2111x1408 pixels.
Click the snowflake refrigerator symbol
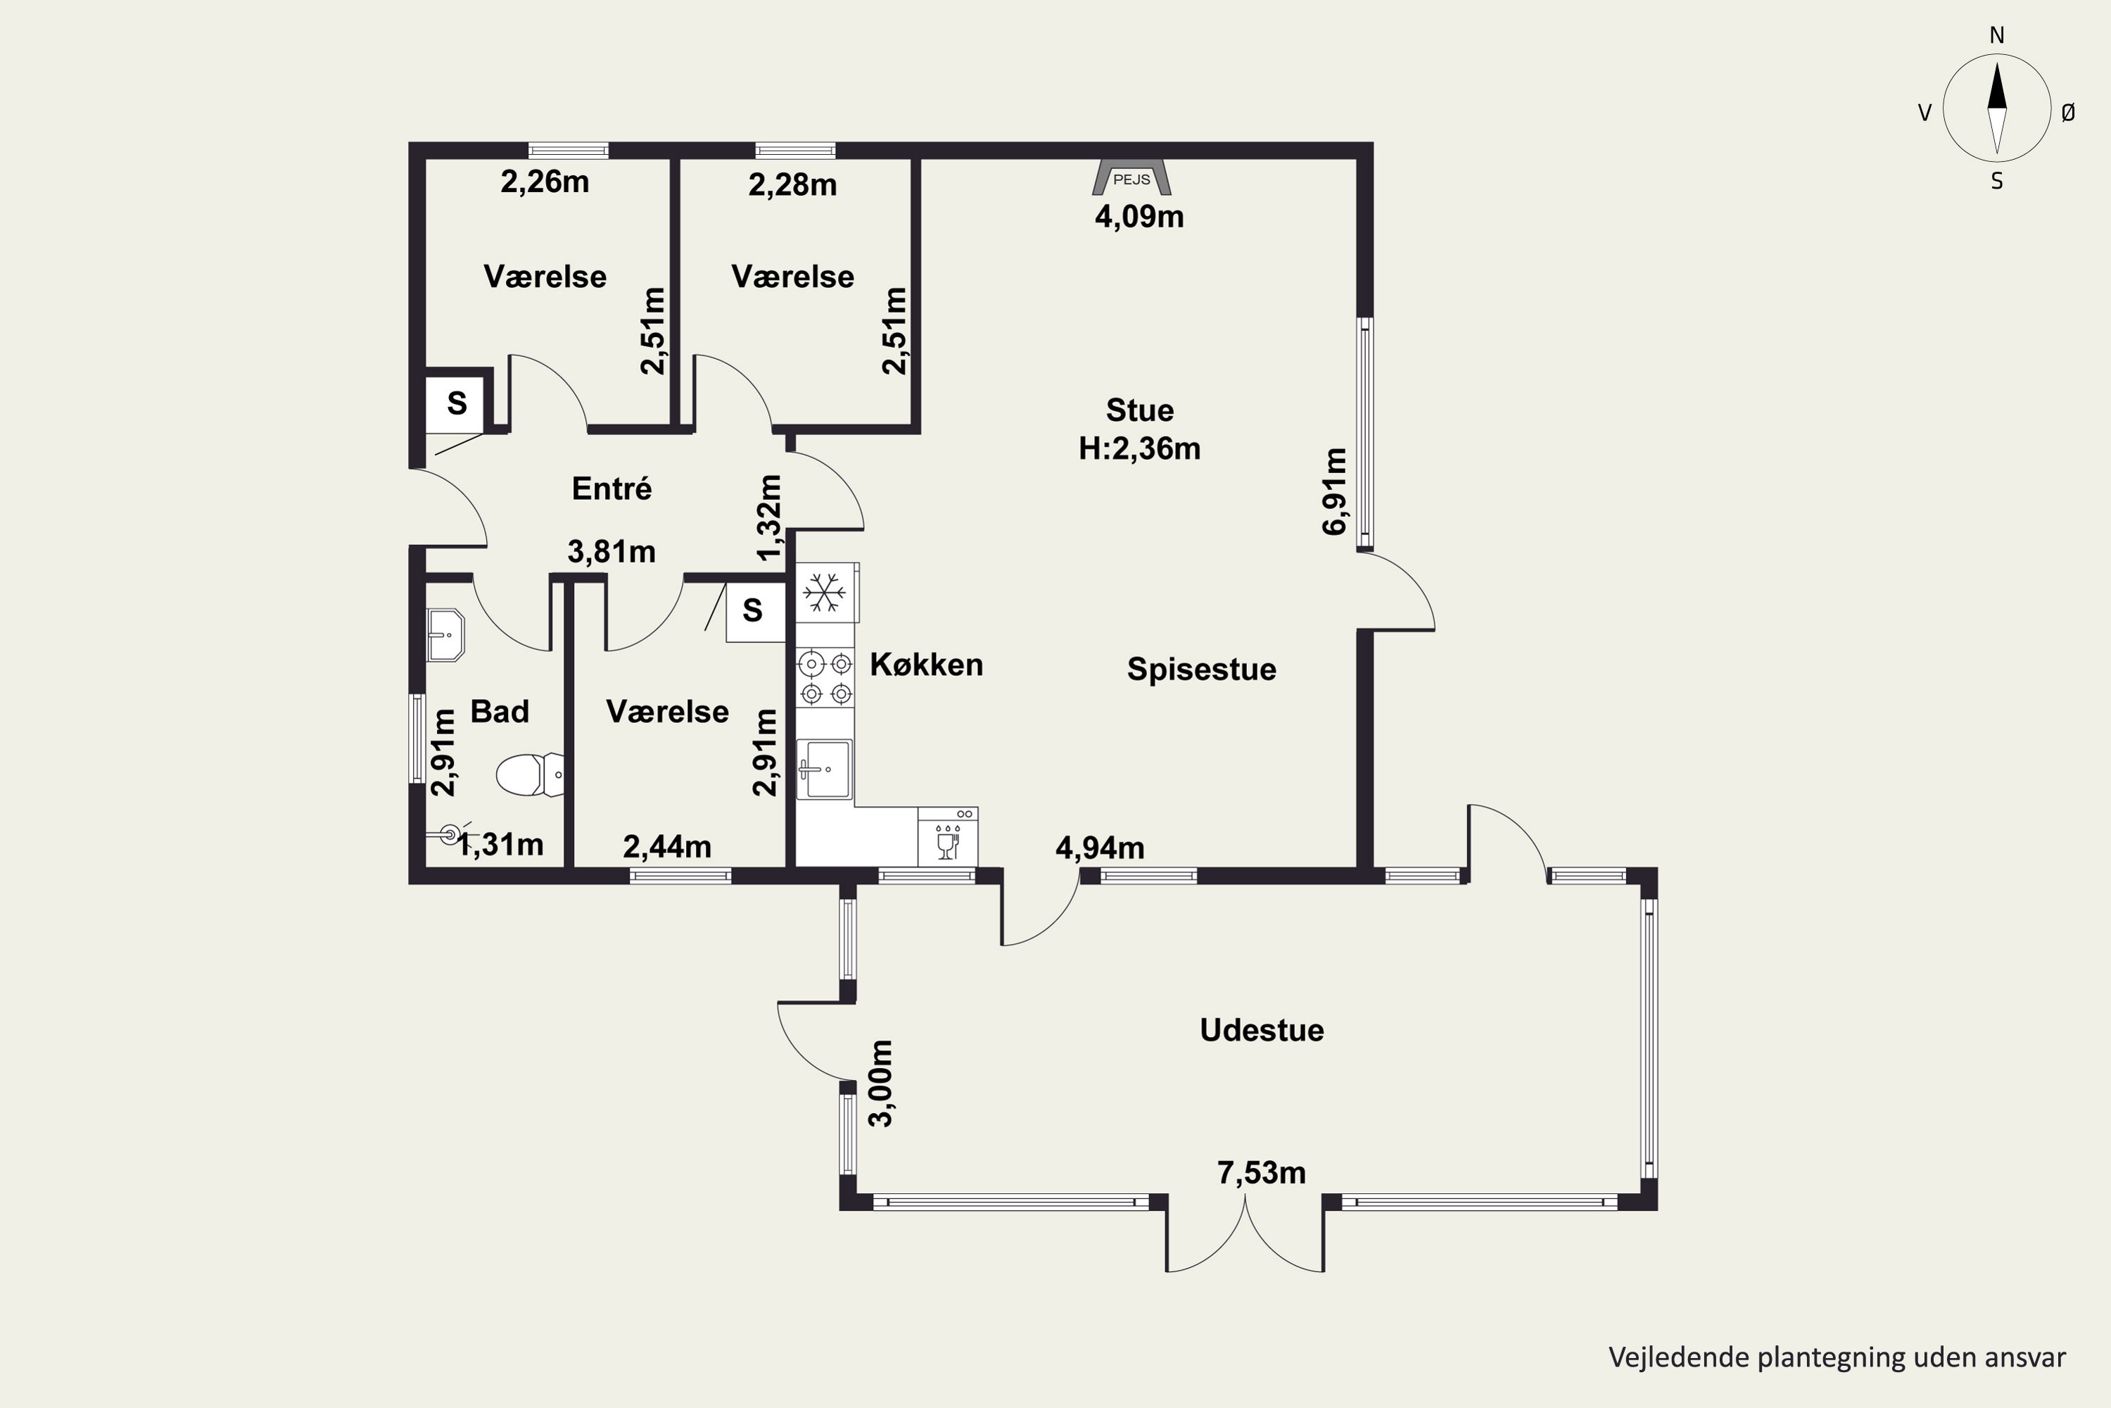[825, 593]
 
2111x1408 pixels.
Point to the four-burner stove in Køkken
[825, 678]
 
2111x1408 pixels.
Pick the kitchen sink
[824, 769]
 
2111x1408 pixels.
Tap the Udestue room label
[1261, 1030]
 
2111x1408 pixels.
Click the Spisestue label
[1201, 669]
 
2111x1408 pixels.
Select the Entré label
[611, 489]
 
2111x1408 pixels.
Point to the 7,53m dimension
[1261, 1173]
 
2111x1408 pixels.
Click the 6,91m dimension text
[1335, 491]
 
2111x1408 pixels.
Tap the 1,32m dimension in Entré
[769, 517]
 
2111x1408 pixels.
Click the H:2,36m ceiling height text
[1139, 448]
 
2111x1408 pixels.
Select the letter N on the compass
[1996, 36]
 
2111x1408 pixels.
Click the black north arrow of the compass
[1996, 86]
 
